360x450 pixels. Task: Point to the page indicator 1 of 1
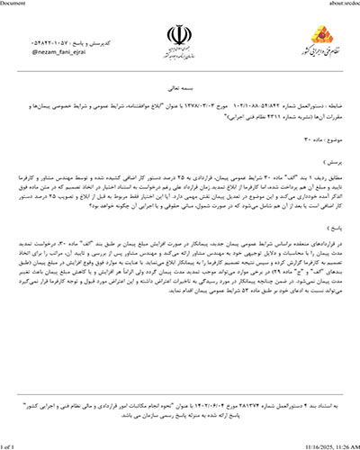(13, 444)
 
